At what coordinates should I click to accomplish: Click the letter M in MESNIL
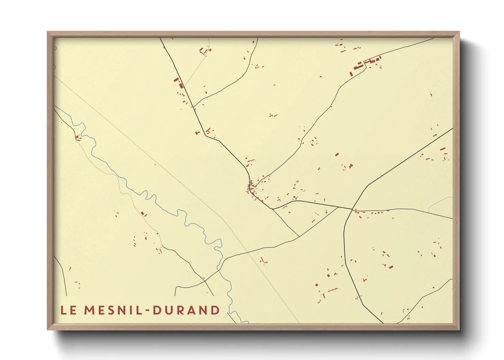(90, 310)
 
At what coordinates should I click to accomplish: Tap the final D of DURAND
(215, 310)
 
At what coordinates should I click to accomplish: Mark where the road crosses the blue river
(220, 267)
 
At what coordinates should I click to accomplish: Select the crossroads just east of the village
(352, 209)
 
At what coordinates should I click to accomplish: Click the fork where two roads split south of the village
(273, 209)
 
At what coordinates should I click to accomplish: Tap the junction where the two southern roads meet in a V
(299, 236)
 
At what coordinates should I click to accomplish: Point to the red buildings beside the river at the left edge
(78, 137)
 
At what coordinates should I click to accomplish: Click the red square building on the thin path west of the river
(143, 213)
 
